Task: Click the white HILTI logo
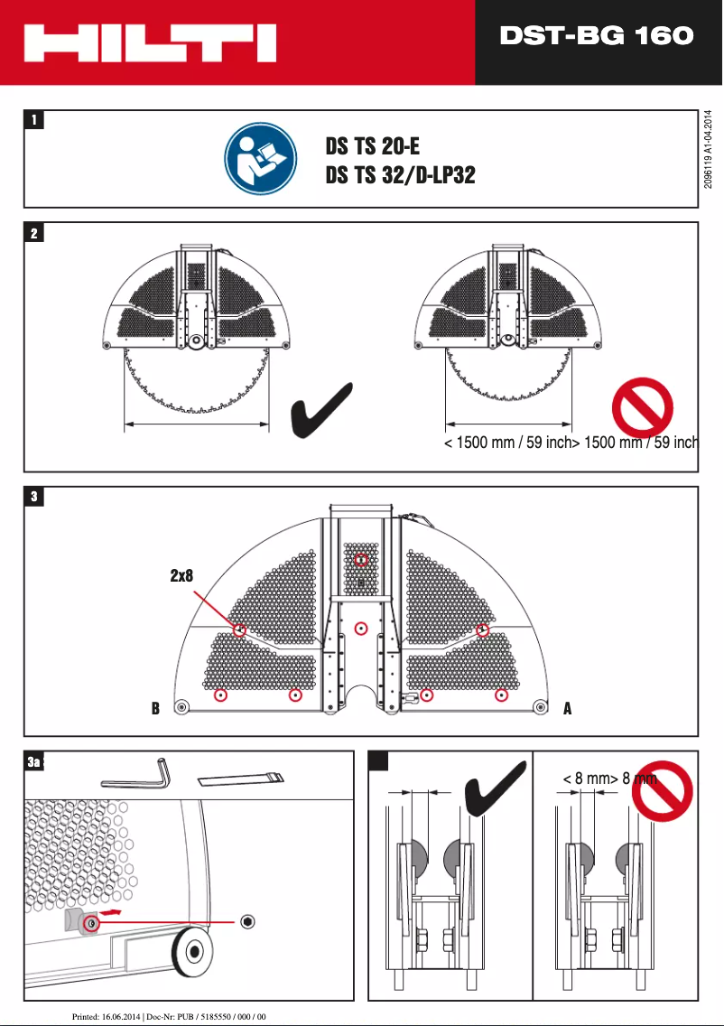click(150, 43)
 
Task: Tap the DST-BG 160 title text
click(597, 36)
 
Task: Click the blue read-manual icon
click(261, 160)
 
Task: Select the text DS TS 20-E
click(373, 146)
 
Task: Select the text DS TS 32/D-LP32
click(400, 175)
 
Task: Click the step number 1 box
click(33, 119)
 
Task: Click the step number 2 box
click(33, 233)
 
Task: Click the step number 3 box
click(33, 497)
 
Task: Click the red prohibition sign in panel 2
click(642, 407)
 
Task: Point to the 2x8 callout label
click(182, 575)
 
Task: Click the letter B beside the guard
click(156, 709)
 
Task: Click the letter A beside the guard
click(567, 709)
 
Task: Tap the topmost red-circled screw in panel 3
click(361, 560)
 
